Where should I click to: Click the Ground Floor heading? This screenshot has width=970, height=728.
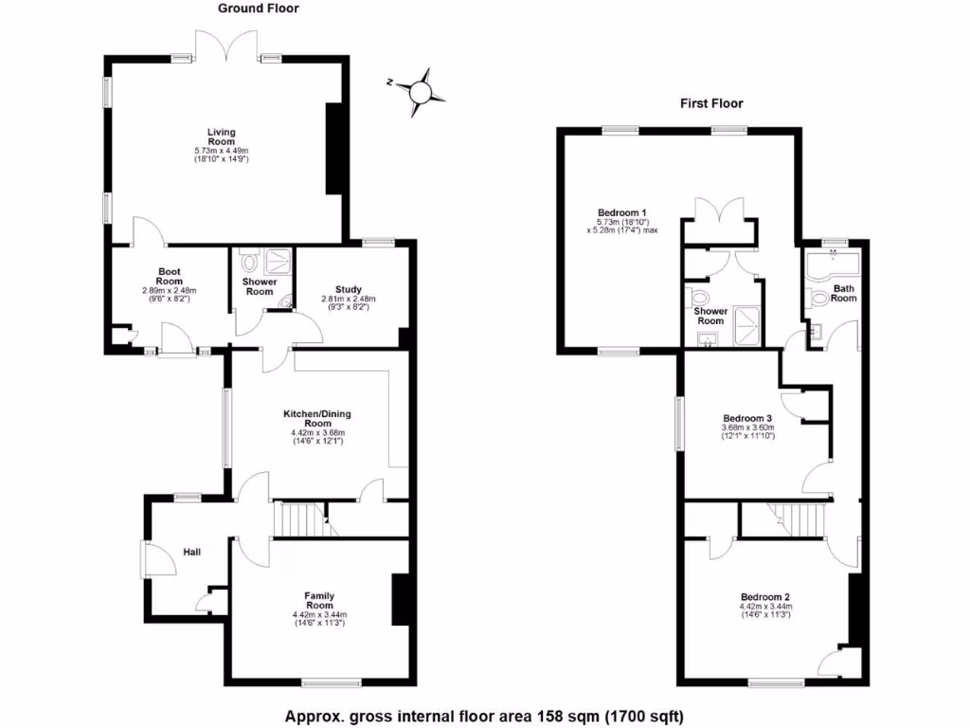tap(258, 9)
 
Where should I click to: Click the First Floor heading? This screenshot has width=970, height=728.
tap(711, 103)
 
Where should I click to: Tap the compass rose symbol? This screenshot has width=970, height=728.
tap(420, 90)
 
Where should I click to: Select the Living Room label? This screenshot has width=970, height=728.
tap(222, 137)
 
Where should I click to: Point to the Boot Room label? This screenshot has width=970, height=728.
tap(169, 276)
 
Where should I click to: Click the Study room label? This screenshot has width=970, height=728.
tap(349, 290)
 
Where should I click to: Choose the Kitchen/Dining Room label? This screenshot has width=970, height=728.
tap(324, 419)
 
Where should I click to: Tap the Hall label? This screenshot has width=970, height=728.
tap(191, 552)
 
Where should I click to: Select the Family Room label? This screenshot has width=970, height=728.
tap(319, 600)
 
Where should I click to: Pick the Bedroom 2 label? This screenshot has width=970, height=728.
tap(764, 597)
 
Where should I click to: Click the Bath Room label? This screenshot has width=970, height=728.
tap(843, 293)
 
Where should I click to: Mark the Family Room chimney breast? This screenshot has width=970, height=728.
tap(399, 599)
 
